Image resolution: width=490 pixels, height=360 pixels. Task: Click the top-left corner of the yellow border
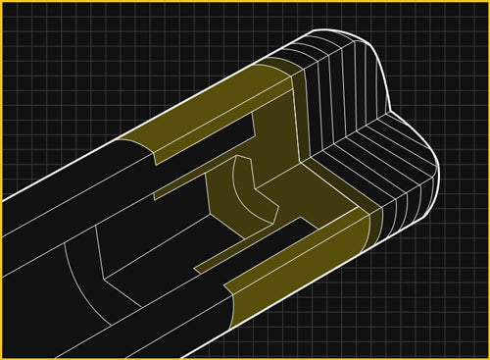pyautogui.click(x=3, y=3)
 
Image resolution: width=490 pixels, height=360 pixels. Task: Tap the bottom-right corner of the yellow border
pyautogui.click(x=486, y=356)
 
